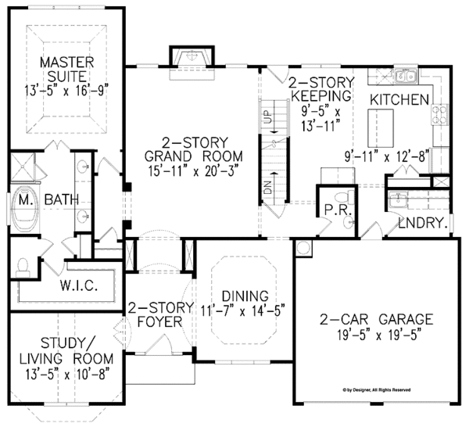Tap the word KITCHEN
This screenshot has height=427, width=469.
point(399,99)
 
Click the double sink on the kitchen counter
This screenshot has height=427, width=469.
point(404,77)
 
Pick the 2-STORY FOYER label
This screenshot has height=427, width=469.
point(156,314)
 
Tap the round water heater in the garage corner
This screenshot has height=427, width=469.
point(303,248)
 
